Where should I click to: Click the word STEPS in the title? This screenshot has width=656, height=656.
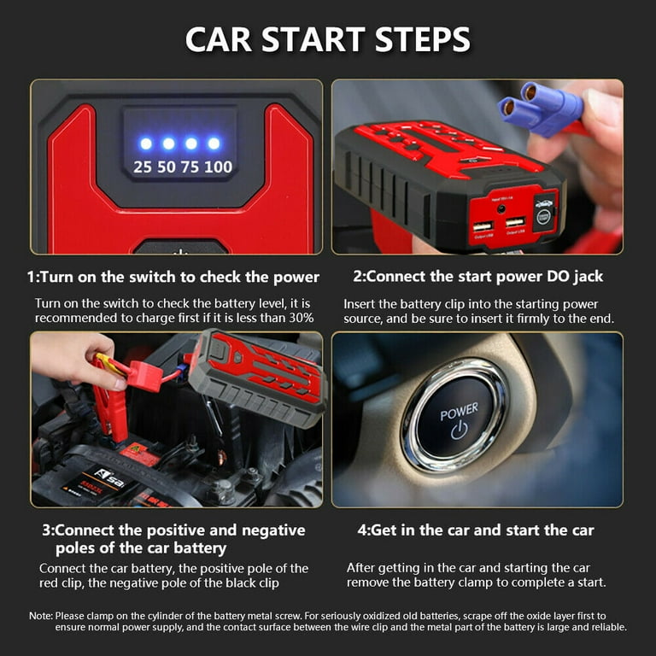click(x=423, y=39)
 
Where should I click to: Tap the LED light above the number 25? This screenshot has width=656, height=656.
click(x=146, y=143)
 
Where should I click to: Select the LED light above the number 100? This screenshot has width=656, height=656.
click(x=214, y=143)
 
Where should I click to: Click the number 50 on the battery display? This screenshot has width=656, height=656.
click(x=167, y=167)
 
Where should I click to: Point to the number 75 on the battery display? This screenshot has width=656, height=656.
click(x=190, y=167)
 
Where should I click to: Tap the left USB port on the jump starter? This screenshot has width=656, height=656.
click(x=483, y=226)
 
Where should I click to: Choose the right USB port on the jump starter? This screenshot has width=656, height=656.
click(x=515, y=222)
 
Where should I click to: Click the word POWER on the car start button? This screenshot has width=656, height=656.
click(x=459, y=411)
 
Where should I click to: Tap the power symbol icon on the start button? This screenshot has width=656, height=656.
click(x=460, y=430)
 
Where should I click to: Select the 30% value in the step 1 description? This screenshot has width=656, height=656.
click(x=302, y=318)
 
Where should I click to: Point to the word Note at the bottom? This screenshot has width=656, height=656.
click(x=41, y=616)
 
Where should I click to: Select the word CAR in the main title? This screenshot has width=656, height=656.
click(x=219, y=39)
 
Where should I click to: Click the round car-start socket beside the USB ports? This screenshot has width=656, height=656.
click(x=543, y=216)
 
